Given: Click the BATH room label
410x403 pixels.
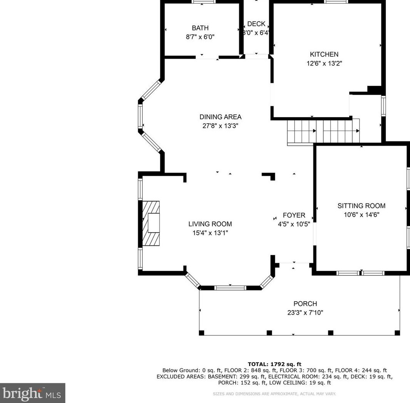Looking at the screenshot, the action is tap(200, 28).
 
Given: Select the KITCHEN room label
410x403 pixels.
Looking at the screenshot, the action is tap(324, 54).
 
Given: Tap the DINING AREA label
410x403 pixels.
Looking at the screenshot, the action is tap(220, 117).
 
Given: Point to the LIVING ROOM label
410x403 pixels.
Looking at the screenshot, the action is tap(210, 224).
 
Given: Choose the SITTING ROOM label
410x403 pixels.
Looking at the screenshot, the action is tap(362, 206).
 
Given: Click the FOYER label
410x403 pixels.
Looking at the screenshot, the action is tap(294, 215).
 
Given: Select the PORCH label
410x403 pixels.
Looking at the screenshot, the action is tap(305, 304).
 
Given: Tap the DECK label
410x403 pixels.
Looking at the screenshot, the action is tap(256, 24).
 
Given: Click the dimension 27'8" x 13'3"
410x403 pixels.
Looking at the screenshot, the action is tap(220, 126).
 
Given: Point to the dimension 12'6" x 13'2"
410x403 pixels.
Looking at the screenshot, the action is tap(324, 63).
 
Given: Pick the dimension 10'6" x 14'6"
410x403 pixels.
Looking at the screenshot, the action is tap(362, 215).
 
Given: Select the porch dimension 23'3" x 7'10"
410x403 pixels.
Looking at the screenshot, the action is tap(305, 313).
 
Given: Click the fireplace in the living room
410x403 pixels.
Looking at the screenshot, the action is tap(151, 223).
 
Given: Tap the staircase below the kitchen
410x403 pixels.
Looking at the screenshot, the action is tap(323, 132).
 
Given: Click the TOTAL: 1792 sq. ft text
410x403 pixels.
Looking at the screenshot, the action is tap(274, 364).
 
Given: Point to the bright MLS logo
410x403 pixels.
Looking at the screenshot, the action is tap(32, 393).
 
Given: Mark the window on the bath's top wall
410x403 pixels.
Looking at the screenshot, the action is tap(204, 2).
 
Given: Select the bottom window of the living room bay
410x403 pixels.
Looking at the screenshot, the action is tap(230, 288).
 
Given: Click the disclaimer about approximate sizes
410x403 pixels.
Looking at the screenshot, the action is tap(274, 394).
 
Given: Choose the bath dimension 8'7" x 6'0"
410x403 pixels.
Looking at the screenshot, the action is tap(200, 37).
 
